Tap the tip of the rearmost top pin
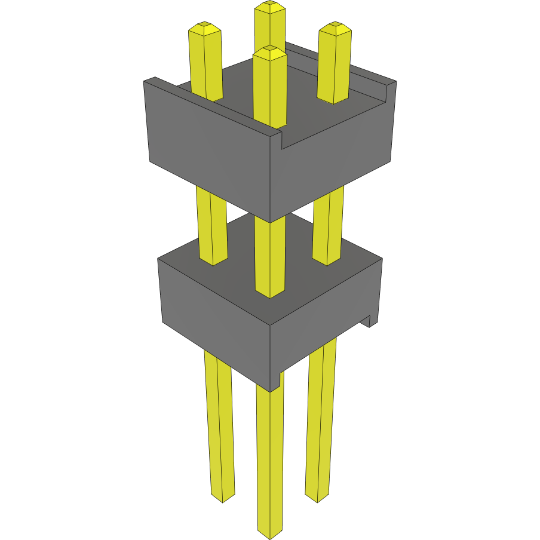pyautogui.click(x=270, y=7)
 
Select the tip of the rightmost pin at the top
pyautogui.click(x=334, y=27)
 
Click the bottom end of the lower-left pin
pyautogui.click(x=223, y=496)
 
